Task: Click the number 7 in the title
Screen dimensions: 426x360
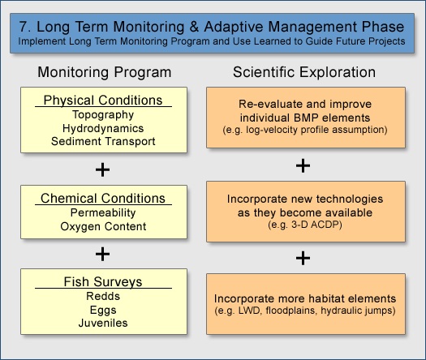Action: pyautogui.click(x=24, y=27)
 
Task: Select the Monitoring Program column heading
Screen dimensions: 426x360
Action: pyautogui.click(x=105, y=72)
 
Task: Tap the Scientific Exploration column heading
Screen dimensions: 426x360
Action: pyautogui.click(x=304, y=72)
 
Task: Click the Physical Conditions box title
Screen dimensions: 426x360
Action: pyautogui.click(x=103, y=101)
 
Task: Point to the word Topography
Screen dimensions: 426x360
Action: pyautogui.click(x=103, y=115)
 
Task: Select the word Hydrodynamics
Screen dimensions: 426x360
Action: pyautogui.click(x=103, y=128)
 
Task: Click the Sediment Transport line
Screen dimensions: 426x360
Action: pyautogui.click(x=103, y=141)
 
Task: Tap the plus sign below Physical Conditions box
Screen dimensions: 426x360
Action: pyautogui.click(x=102, y=170)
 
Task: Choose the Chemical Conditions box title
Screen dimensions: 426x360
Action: pyautogui.click(x=103, y=198)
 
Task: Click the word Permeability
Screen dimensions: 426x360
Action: pyautogui.click(x=103, y=213)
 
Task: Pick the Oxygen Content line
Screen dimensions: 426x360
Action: pyautogui.click(x=103, y=226)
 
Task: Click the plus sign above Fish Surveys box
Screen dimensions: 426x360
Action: pyautogui.click(x=102, y=254)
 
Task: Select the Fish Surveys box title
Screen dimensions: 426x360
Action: pyautogui.click(x=103, y=282)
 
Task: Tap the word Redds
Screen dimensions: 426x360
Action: pyautogui.click(x=103, y=296)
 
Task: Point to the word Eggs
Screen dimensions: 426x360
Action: pyautogui.click(x=103, y=310)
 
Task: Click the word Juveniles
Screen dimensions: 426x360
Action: pyautogui.click(x=103, y=323)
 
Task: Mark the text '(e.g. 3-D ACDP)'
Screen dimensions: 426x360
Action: pyautogui.click(x=305, y=225)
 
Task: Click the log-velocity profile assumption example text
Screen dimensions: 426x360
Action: pyautogui.click(x=305, y=130)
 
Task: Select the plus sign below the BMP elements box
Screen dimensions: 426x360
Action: pyautogui.click(x=303, y=166)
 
